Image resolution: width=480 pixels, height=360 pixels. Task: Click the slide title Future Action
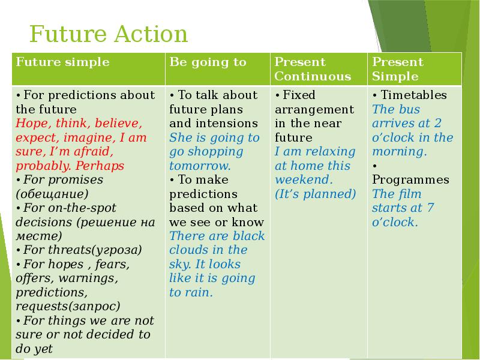pos(109,34)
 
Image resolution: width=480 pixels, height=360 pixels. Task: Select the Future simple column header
pos(62,62)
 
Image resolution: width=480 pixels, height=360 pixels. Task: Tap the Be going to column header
pos(208,62)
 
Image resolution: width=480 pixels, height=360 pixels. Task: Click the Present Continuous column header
pos(313,69)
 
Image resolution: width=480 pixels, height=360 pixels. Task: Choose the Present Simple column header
pos(398,69)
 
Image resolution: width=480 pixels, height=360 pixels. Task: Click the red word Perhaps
pos(100,166)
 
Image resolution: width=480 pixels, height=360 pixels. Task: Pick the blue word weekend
pos(302,179)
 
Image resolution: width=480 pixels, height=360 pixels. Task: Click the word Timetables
pos(413,95)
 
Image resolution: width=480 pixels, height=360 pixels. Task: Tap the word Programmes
pos(410,180)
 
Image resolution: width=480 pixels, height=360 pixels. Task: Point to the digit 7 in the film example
pos(430,208)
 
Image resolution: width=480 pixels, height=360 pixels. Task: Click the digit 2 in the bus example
pos(438,123)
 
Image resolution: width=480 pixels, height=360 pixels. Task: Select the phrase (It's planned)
pos(316,194)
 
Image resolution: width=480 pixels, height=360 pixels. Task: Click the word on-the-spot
pos(70,208)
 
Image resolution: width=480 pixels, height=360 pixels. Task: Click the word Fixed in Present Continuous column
pos(299,95)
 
